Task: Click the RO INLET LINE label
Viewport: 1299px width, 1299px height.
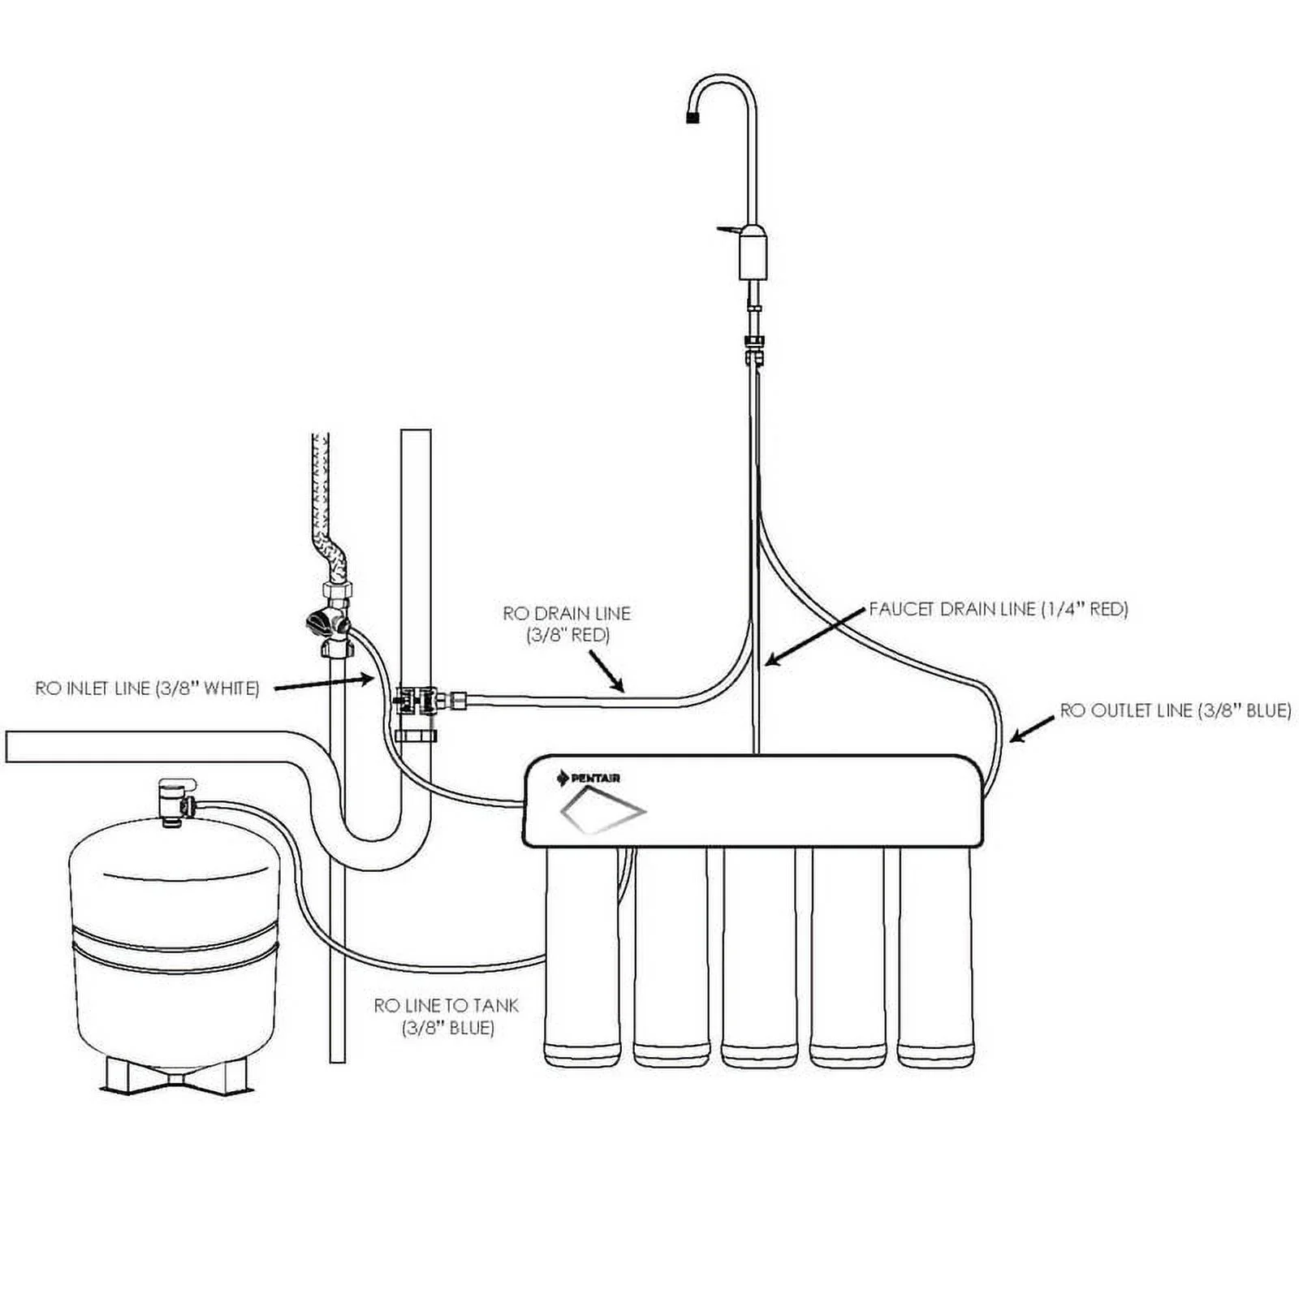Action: click(x=147, y=688)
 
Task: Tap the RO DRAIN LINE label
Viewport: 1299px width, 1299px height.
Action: click(x=566, y=624)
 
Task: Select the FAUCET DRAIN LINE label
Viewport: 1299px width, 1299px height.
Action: click(x=999, y=609)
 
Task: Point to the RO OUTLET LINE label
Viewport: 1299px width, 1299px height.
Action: click(x=1175, y=710)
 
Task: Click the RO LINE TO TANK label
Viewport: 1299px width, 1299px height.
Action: click(x=446, y=1016)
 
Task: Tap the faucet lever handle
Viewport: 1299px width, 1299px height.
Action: click(x=728, y=231)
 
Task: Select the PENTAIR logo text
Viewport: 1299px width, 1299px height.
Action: click(x=595, y=779)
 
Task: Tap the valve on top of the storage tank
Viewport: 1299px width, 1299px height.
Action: click(x=175, y=800)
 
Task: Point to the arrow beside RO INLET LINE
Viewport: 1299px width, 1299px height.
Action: click(x=323, y=684)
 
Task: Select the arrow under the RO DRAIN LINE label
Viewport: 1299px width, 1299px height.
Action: click(x=606, y=673)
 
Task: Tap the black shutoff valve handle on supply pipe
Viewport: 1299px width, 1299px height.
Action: click(x=319, y=624)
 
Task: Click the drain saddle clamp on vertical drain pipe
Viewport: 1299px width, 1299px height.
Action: click(x=416, y=700)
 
